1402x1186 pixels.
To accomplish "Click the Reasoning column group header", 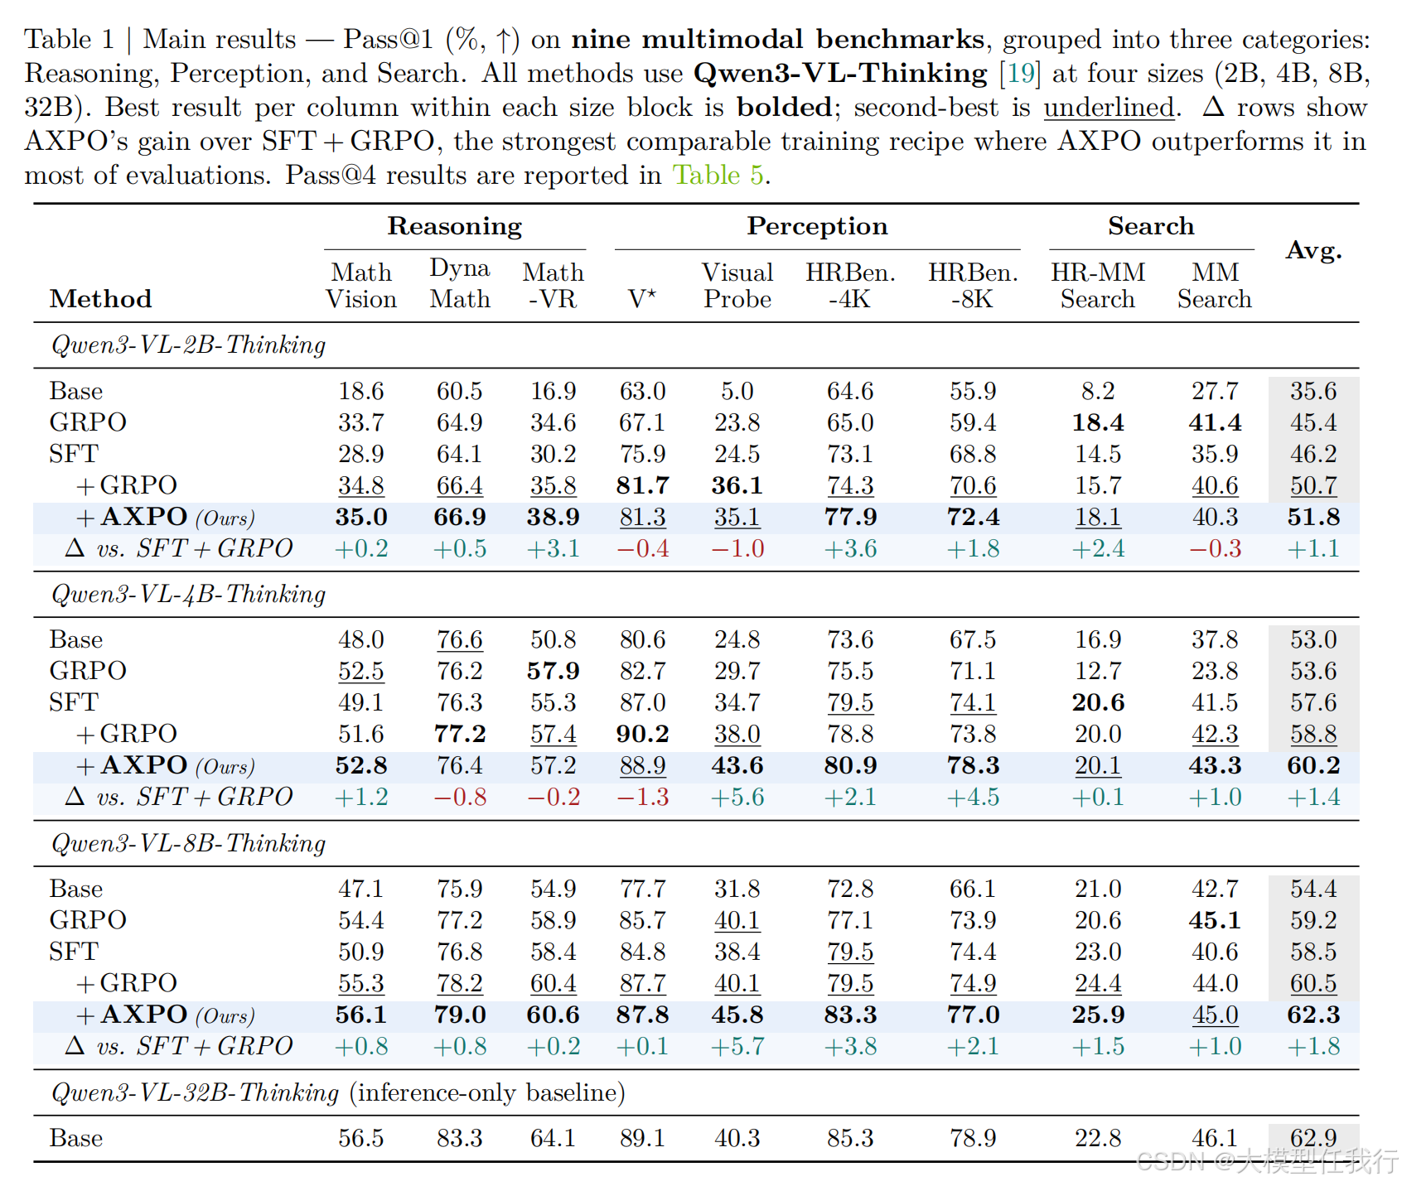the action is pyautogui.click(x=455, y=226).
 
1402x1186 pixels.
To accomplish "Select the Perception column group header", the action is pyautogui.click(x=817, y=226).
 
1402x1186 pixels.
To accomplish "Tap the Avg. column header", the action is pyautogui.click(x=1313, y=250).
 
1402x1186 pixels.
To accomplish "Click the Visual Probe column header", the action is pyautogui.click(x=737, y=286).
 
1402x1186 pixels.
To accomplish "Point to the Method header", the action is pyautogui.click(x=100, y=299).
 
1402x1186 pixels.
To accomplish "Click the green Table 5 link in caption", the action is pyautogui.click(x=718, y=175).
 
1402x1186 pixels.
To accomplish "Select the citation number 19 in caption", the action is pyautogui.click(x=1020, y=73).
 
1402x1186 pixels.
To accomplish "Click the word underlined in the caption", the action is pyautogui.click(x=1109, y=108).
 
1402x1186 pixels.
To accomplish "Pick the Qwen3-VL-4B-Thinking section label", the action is pyautogui.click(x=189, y=595).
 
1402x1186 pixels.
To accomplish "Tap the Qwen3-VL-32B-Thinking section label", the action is pyautogui.click(x=196, y=1092).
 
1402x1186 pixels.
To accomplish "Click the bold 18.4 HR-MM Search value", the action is pyautogui.click(x=1098, y=422).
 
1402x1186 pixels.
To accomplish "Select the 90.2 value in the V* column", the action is pyautogui.click(x=642, y=734).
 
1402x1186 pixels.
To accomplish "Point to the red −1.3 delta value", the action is pyautogui.click(x=642, y=797).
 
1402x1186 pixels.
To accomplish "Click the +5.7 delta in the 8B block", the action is pyautogui.click(x=737, y=1046).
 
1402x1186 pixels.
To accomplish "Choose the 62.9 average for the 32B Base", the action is pyautogui.click(x=1313, y=1138).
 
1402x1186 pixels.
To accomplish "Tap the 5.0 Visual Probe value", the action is pyautogui.click(x=737, y=391).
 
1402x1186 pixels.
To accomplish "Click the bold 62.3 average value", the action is pyautogui.click(x=1313, y=1015).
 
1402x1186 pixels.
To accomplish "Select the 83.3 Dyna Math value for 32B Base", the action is pyautogui.click(x=460, y=1138).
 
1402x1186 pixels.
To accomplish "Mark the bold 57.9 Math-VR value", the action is pyautogui.click(x=553, y=671).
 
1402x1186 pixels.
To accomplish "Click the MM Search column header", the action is pyautogui.click(x=1215, y=286).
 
